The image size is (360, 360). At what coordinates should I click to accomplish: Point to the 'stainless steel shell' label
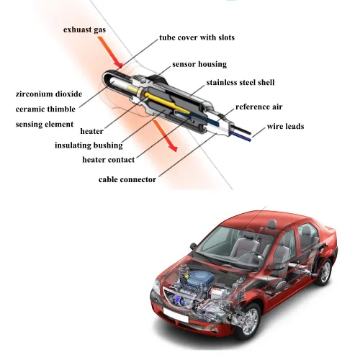(x=240, y=83)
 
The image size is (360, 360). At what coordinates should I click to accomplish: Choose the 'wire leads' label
(x=285, y=127)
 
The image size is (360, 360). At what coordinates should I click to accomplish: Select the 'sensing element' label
(x=44, y=125)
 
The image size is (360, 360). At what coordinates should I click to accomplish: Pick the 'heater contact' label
(x=108, y=159)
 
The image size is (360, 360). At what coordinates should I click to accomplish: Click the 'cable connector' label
(x=127, y=179)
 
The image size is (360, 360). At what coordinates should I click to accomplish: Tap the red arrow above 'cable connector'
(x=170, y=145)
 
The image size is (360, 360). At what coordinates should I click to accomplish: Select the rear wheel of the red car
(x=325, y=271)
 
